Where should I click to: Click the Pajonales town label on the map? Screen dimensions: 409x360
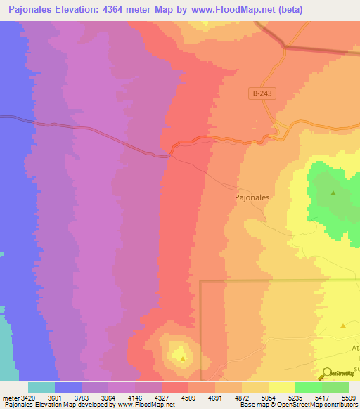click(x=252, y=198)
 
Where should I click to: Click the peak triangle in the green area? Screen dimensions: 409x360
click(x=333, y=193)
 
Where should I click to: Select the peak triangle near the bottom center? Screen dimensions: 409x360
click(x=183, y=358)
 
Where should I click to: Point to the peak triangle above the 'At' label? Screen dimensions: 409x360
click(x=343, y=325)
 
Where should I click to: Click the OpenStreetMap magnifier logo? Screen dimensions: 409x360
click(x=326, y=374)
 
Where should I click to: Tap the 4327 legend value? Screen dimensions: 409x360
click(x=161, y=398)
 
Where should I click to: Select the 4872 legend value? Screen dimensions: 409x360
click(x=241, y=398)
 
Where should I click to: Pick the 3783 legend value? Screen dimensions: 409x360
click(x=81, y=398)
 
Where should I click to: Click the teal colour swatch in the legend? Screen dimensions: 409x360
click(x=41, y=387)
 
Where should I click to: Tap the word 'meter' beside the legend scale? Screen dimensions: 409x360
click(x=10, y=398)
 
